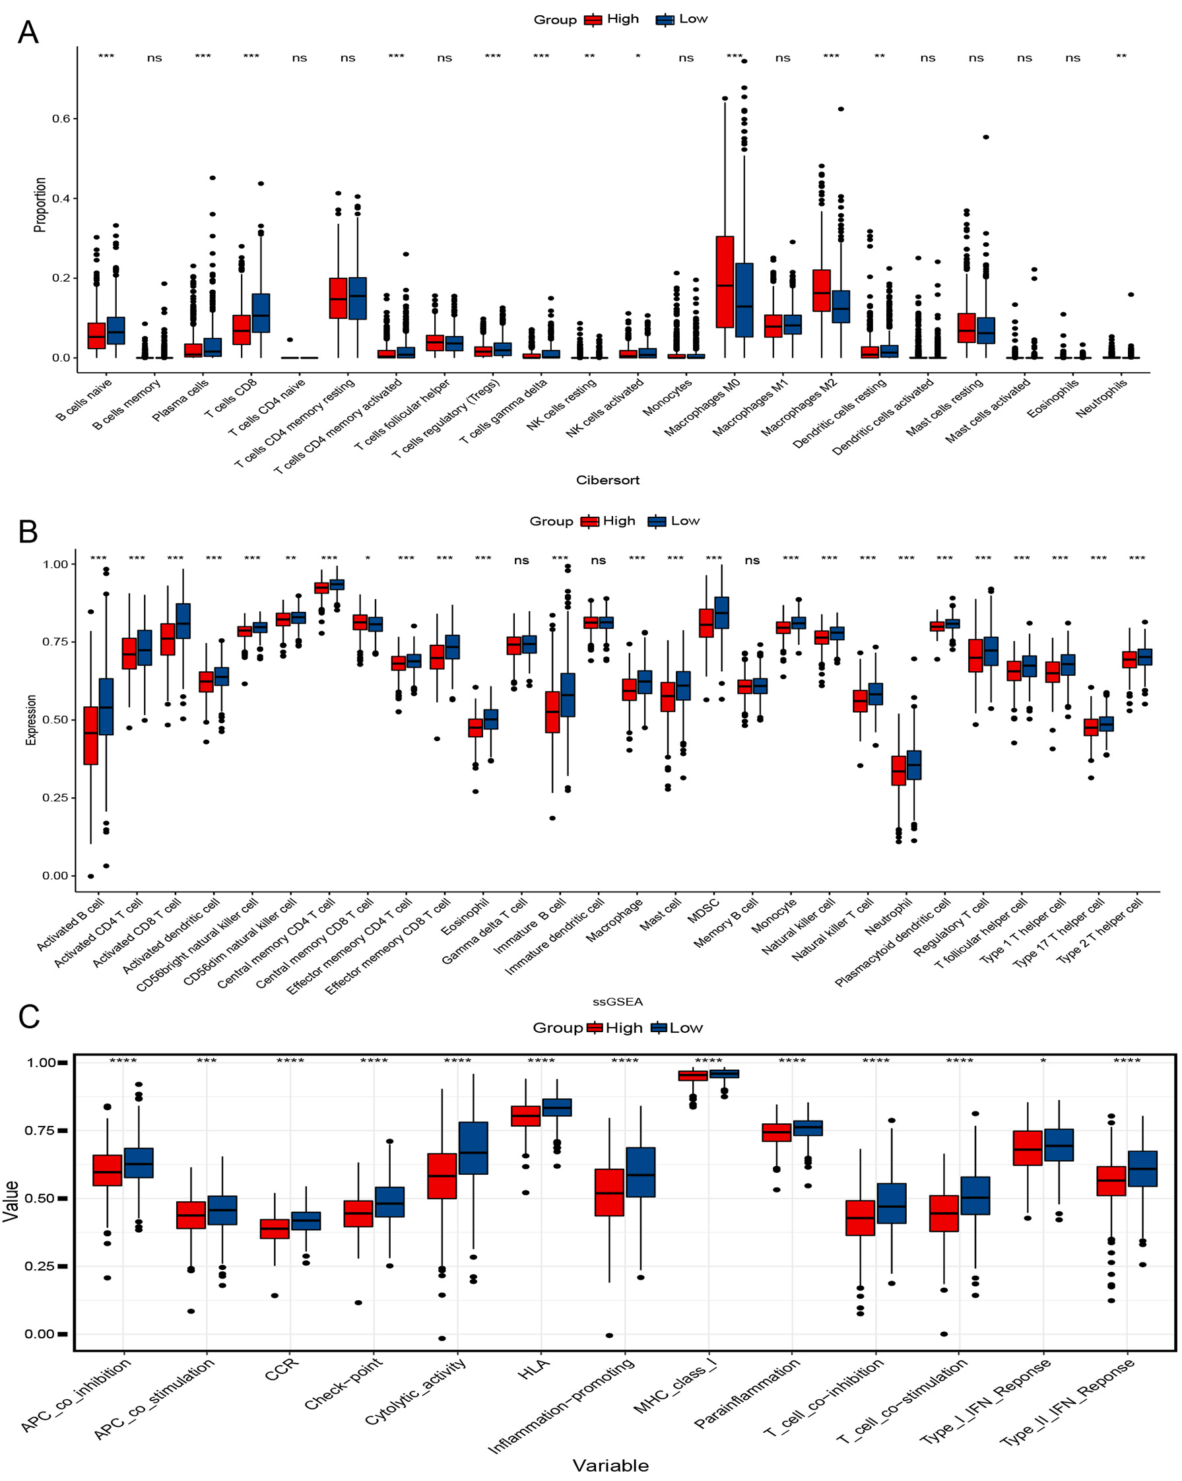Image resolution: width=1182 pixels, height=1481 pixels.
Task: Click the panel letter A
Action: (x=28, y=32)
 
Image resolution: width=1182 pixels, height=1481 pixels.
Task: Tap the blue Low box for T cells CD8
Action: (x=261, y=313)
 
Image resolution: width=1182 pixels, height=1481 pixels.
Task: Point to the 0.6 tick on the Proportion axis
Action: (x=61, y=119)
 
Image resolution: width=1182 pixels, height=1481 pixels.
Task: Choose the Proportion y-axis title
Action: (x=40, y=205)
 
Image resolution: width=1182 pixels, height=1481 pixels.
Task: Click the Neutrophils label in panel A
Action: (x=1101, y=399)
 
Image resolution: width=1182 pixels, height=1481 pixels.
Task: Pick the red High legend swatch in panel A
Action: (x=593, y=20)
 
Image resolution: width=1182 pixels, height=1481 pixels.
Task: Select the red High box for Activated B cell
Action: (x=90, y=735)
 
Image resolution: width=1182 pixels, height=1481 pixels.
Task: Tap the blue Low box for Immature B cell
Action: (x=568, y=694)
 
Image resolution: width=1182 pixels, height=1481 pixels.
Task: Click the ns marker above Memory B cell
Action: (x=752, y=560)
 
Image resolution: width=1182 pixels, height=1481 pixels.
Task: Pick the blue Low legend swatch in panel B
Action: (x=657, y=521)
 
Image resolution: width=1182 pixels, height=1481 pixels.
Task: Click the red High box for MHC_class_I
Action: (x=693, y=1076)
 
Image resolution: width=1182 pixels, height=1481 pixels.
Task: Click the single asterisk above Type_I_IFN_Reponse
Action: (x=1043, y=1061)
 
